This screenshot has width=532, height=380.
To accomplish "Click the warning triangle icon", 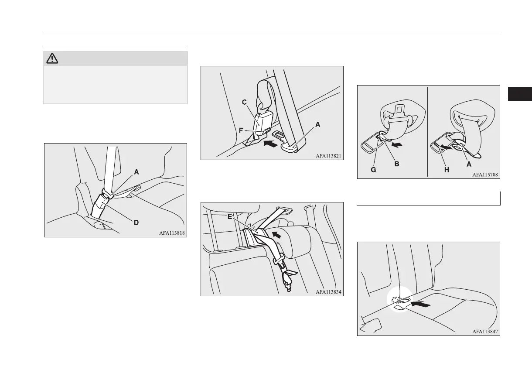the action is tap(52, 58).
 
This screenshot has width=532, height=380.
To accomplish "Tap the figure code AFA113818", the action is tap(172, 233).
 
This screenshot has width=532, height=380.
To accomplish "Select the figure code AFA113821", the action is tap(328, 156).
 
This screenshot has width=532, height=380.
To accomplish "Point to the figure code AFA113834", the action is tap(328, 292).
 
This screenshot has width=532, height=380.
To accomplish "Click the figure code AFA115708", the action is tap(485, 175).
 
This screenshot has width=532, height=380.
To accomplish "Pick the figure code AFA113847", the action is tap(485, 332).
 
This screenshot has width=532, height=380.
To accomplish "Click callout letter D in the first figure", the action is tap(136, 223).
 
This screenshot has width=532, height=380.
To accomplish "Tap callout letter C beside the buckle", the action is tap(244, 102).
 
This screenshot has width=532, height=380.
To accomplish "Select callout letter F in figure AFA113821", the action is tap(241, 130).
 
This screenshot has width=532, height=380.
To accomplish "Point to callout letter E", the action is tap(230, 216).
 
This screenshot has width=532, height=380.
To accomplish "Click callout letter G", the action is tap(373, 170).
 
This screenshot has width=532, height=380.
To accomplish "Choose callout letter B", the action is tap(397, 164).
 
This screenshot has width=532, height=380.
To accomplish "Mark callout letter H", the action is tap(447, 170).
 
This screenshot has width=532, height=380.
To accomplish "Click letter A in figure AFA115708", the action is tap(469, 164).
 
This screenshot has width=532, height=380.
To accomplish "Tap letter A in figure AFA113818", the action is tap(136, 172).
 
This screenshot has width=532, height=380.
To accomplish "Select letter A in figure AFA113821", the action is tap(317, 124).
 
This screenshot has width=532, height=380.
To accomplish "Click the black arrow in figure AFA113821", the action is tap(271, 144).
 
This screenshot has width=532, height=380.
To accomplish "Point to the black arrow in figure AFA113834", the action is tap(276, 235).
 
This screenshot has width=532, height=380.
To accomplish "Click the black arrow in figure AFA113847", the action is tap(421, 304).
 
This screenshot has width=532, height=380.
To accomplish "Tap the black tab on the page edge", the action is tap(520, 94).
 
